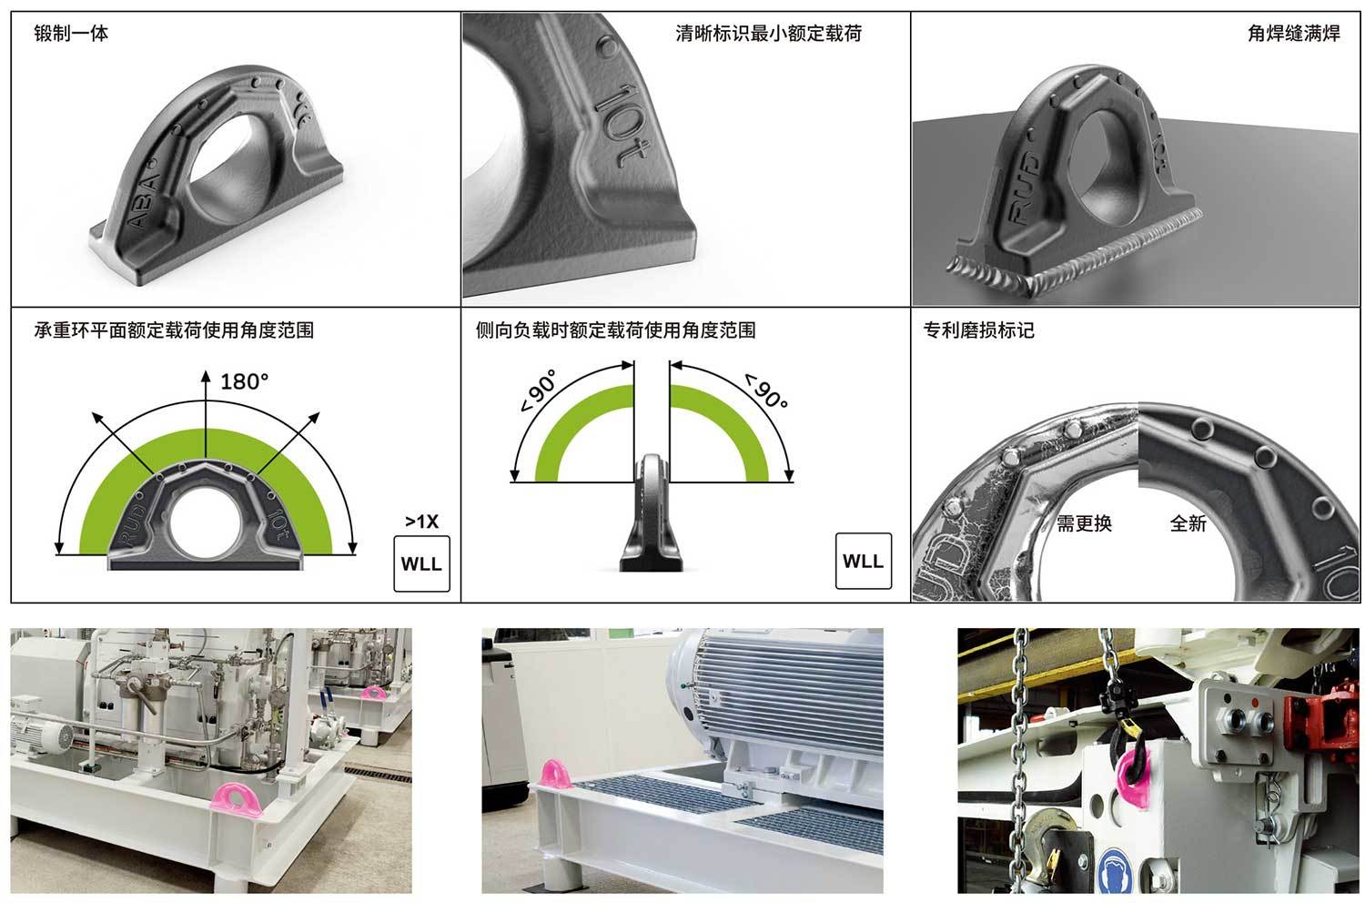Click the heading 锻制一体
pyautogui.click(x=71, y=33)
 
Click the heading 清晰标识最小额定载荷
pyautogui.click(x=768, y=33)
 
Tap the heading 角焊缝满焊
pyautogui.click(x=1294, y=33)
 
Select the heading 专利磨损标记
pyautogui.click(x=978, y=330)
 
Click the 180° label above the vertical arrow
pyautogui.click(x=244, y=381)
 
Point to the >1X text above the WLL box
pyautogui.click(x=421, y=522)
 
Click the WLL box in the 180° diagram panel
pyautogui.click(x=421, y=563)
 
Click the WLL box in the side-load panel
pyautogui.click(x=863, y=561)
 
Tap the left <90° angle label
pyautogui.click(x=539, y=391)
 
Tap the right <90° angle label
pyautogui.click(x=766, y=391)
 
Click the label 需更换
pyautogui.click(x=1084, y=523)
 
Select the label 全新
pyautogui.click(x=1188, y=523)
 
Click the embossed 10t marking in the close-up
pyautogui.click(x=622, y=125)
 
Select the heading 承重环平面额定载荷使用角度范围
pyautogui.click(x=174, y=330)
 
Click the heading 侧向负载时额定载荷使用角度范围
pyautogui.click(x=615, y=330)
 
